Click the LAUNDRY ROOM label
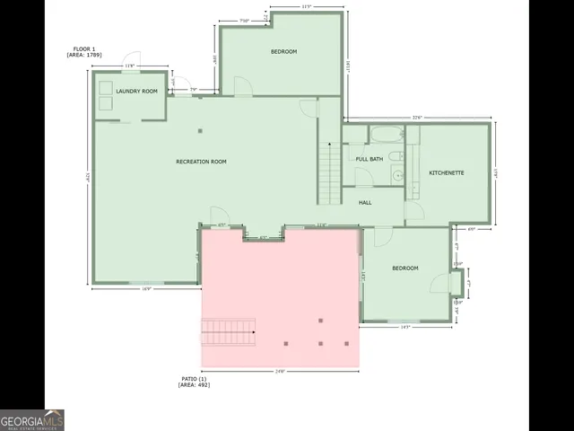(x=136, y=91)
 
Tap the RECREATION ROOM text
(x=201, y=162)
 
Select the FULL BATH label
(x=370, y=159)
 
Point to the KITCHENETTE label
(x=446, y=172)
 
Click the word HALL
(x=365, y=202)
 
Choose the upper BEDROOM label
(x=283, y=51)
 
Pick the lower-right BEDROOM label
(x=404, y=268)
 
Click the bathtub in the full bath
(x=387, y=136)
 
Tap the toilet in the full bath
(x=396, y=156)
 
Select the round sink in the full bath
(x=396, y=176)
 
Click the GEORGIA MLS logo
(x=32, y=419)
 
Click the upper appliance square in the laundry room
(x=106, y=88)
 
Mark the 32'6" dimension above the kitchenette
(x=417, y=118)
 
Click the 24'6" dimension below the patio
(x=279, y=372)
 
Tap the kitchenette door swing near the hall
(x=414, y=213)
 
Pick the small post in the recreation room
(x=201, y=131)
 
